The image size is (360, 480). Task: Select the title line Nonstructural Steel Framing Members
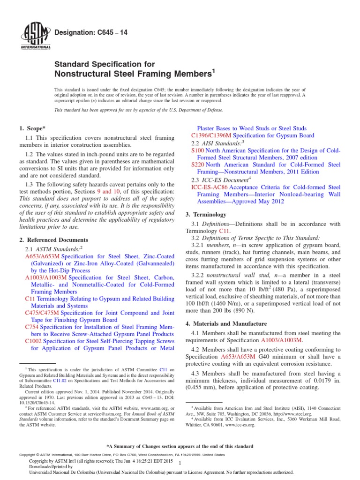coord(133,74)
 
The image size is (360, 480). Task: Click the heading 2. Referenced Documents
coord(53,240)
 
